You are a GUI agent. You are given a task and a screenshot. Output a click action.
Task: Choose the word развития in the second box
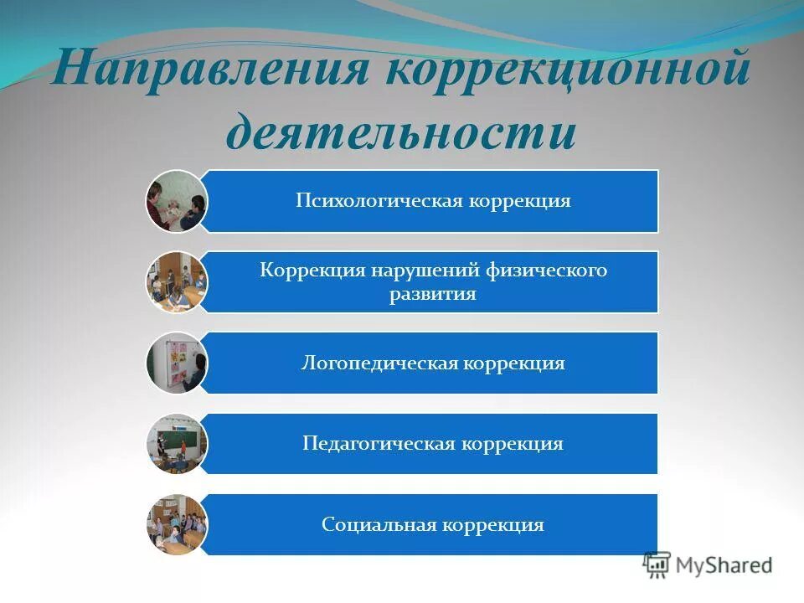click(x=432, y=295)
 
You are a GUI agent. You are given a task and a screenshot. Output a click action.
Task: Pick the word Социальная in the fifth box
click(x=379, y=525)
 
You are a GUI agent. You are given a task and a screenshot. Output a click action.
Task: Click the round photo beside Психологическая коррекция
click(x=176, y=201)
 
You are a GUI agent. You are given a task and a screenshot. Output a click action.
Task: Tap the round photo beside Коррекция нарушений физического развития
click(x=176, y=282)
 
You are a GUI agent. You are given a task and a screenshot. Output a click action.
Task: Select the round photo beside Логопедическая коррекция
click(x=176, y=363)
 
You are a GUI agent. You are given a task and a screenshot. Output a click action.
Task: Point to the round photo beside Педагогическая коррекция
click(x=176, y=444)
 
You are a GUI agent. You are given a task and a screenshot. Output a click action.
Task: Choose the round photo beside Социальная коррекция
click(x=176, y=525)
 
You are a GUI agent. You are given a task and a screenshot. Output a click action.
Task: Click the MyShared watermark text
click(x=724, y=565)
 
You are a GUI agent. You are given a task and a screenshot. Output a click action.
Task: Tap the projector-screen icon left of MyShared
click(x=657, y=564)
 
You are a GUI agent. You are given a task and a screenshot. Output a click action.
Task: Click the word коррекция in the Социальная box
click(x=493, y=525)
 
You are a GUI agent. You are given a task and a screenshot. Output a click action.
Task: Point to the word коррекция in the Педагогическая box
click(x=512, y=444)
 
